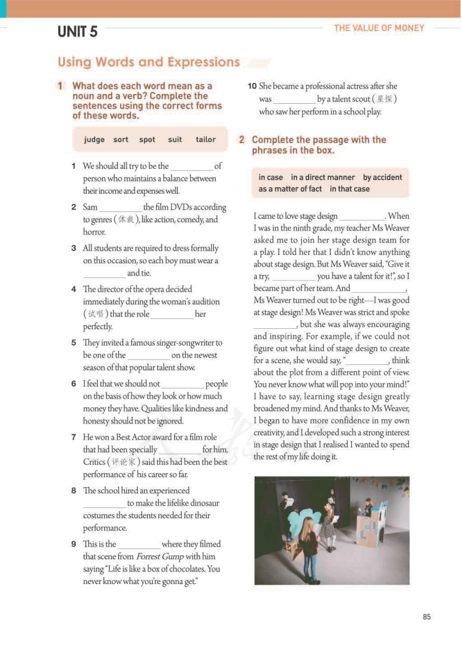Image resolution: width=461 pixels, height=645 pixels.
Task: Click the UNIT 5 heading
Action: click(77, 32)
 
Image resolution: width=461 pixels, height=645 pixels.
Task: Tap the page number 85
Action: click(427, 617)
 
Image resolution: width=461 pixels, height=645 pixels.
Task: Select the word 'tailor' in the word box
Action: click(206, 139)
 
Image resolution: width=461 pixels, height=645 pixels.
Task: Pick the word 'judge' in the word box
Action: click(94, 139)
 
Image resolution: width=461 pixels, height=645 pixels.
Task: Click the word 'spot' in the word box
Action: click(147, 139)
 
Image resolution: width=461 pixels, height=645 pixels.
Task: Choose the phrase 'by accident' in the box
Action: click(383, 177)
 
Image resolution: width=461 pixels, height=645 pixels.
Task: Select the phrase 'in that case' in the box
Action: click(350, 189)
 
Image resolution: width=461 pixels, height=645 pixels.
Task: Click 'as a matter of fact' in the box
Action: click(290, 189)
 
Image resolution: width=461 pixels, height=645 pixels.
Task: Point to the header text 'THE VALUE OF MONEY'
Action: click(379, 28)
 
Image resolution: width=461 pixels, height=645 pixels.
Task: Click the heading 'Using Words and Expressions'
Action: click(149, 62)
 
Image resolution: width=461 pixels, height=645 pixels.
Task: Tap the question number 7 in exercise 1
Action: click(74, 437)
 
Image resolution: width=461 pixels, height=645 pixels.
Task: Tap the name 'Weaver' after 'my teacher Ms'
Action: click(397, 228)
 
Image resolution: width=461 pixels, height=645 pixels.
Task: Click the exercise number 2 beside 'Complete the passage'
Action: click(242, 140)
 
